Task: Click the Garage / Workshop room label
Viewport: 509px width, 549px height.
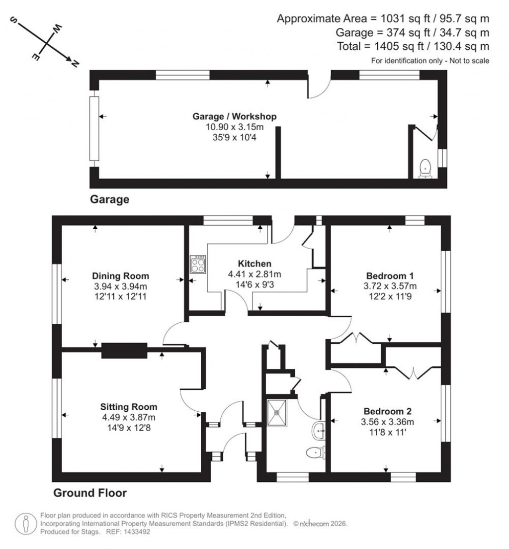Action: pos(234,116)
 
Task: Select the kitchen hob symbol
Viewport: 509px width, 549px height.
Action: pos(197,264)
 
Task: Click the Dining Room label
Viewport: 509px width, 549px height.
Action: pos(120,276)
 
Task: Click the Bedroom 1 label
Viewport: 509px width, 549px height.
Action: pos(390,276)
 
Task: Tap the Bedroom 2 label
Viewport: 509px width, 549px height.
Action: pos(387,412)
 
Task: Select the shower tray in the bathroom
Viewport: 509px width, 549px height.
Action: pos(278,412)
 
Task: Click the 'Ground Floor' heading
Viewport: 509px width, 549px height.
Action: pos(90,493)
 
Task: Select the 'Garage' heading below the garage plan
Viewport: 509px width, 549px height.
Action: pos(109,200)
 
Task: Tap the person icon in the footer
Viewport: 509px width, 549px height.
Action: pos(25,524)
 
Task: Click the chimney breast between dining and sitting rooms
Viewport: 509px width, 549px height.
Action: pos(124,351)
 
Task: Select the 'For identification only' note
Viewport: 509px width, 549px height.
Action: pos(430,61)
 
